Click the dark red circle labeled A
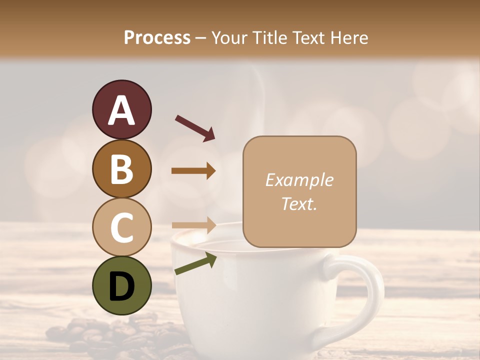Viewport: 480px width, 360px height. (121, 109)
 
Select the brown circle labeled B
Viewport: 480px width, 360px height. (121, 168)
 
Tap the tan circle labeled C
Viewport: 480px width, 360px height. (121, 227)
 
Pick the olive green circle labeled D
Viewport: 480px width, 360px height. (121, 285)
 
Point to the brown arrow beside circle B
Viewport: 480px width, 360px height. (193, 171)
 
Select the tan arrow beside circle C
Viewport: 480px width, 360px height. (193, 224)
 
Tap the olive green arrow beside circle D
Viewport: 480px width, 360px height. (195, 263)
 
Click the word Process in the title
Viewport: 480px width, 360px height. (157, 38)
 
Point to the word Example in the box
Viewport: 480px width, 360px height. (299, 180)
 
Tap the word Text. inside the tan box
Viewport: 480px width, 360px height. (299, 203)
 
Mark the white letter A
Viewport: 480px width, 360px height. (121, 110)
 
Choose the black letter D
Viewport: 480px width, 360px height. (121, 286)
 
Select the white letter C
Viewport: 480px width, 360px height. (121, 227)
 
